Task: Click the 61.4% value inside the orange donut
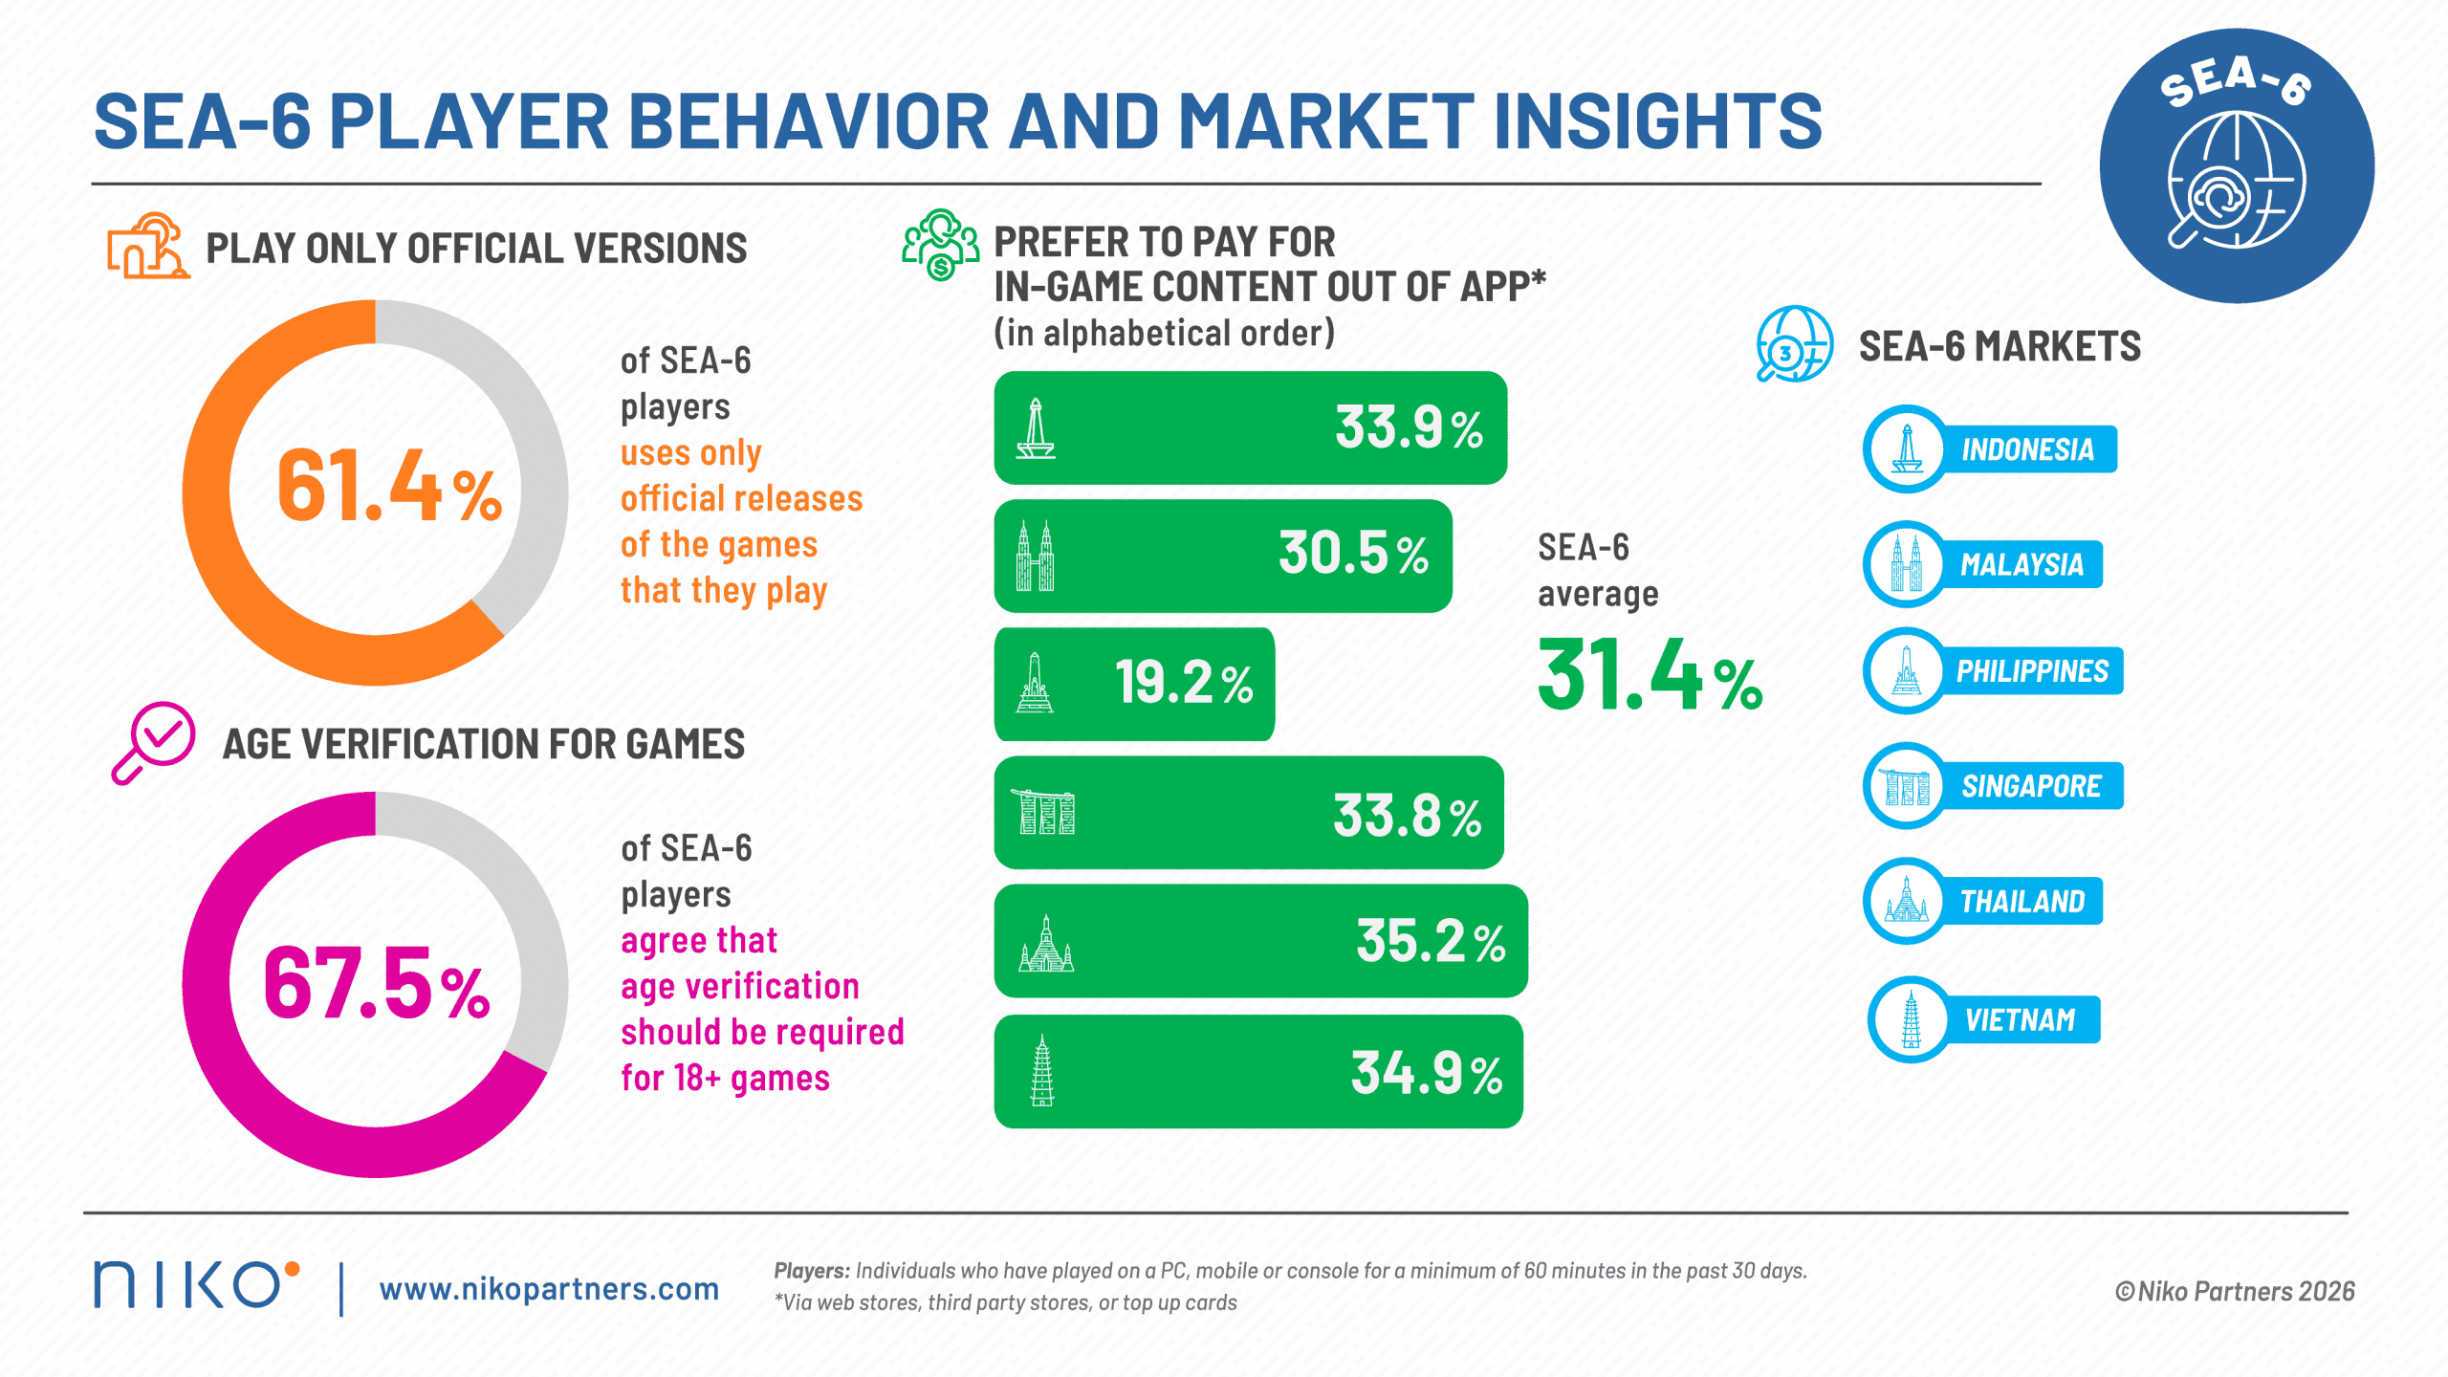tap(389, 487)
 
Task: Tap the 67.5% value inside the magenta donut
tap(377, 983)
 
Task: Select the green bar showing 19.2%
tap(1134, 684)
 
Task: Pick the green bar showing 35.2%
tap(1260, 941)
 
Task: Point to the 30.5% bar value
tap(1353, 554)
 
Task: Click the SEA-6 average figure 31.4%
tap(1650, 675)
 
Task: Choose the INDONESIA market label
tap(2028, 449)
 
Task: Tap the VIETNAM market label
tap(2020, 1019)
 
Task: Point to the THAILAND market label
tap(2022, 901)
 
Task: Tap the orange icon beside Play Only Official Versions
tap(148, 247)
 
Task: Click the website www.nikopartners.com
tap(549, 1289)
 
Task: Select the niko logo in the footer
tap(196, 1284)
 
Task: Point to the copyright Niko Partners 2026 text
tap(2235, 1291)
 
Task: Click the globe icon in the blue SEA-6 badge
tap(2236, 180)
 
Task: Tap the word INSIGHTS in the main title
tap(1657, 121)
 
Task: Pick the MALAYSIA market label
tap(2022, 564)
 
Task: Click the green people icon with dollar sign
tap(941, 245)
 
